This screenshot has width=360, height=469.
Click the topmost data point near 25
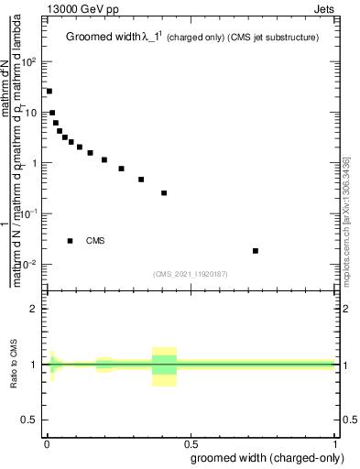point(49,92)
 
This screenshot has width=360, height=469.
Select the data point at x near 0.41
point(164,193)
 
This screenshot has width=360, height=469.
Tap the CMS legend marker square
point(71,241)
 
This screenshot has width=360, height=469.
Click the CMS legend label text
point(95,241)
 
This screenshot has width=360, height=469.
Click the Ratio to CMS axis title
point(16,365)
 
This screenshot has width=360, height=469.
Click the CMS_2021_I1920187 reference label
point(191,274)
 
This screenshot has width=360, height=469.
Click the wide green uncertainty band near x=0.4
point(164,365)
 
